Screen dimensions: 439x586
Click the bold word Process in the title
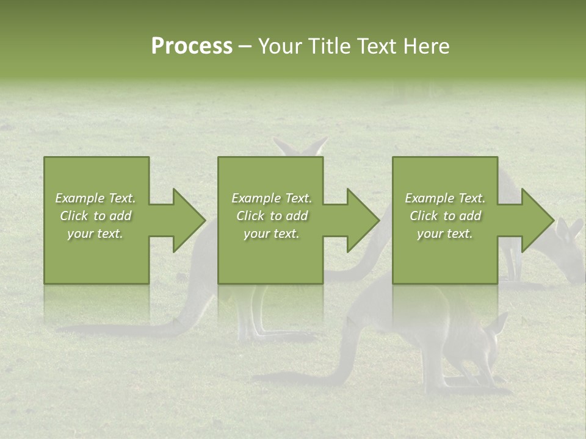[192, 46]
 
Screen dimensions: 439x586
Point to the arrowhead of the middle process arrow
[363, 220]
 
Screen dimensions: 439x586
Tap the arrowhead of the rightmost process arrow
[537, 220]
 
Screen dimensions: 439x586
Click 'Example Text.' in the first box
[95, 198]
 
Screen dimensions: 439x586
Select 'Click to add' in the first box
[95, 216]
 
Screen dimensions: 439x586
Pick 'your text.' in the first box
[95, 234]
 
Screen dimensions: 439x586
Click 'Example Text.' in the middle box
[271, 198]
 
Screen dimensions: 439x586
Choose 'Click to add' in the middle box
[271, 216]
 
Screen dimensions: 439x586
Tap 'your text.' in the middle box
[271, 234]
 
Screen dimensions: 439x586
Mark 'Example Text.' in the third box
[445, 198]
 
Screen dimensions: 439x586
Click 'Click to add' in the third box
[445, 216]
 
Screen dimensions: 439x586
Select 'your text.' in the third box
[445, 234]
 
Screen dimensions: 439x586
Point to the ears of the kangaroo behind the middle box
[300, 147]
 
